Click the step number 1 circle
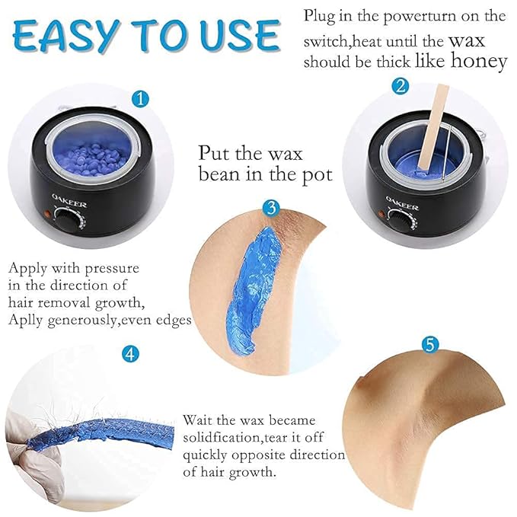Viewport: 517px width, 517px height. (x=138, y=97)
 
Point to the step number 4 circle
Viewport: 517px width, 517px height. (x=132, y=353)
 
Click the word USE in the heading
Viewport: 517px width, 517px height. (x=239, y=36)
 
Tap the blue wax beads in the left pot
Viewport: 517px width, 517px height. (x=85, y=148)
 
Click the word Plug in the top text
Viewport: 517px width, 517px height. (x=319, y=15)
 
